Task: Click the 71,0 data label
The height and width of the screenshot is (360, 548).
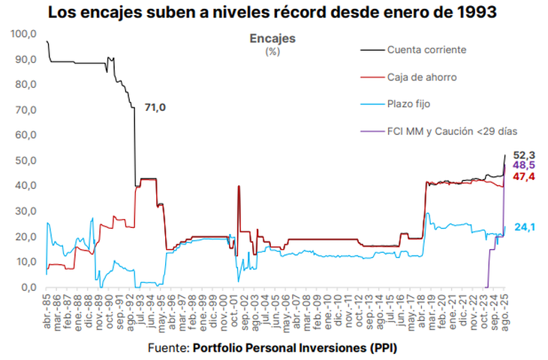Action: [155, 108]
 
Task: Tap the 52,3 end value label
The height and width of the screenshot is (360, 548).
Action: [523, 154]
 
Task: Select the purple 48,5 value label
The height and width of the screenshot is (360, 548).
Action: [523, 164]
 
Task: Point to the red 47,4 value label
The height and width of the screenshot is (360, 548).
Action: [523, 175]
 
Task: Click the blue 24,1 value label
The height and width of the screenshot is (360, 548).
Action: [525, 226]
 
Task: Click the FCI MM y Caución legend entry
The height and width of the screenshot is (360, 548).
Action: [451, 131]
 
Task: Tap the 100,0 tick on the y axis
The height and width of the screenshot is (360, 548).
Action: [24, 34]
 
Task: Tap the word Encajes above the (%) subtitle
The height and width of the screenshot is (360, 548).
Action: [272, 38]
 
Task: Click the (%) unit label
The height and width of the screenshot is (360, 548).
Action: [272, 52]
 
